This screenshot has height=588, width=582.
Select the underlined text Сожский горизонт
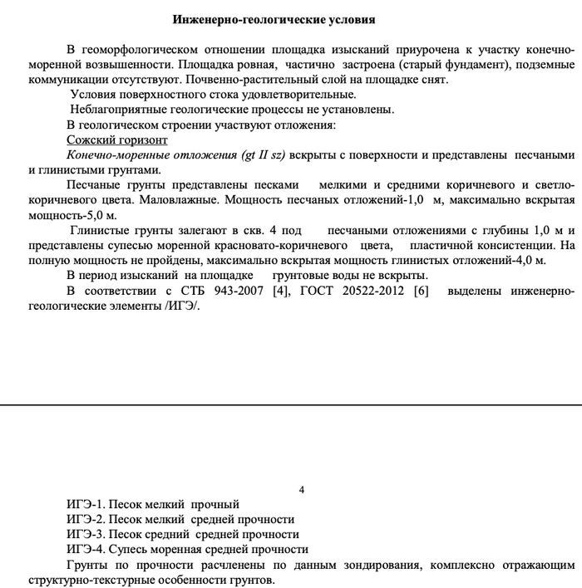116,140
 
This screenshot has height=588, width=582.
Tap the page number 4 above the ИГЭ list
301,489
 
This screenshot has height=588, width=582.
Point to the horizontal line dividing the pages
291,404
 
